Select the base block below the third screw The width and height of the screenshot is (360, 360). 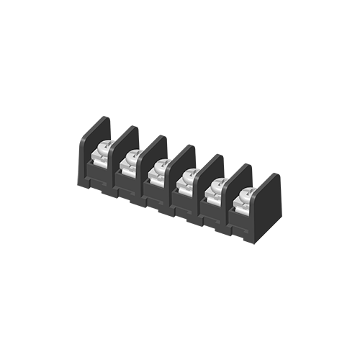156,194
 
